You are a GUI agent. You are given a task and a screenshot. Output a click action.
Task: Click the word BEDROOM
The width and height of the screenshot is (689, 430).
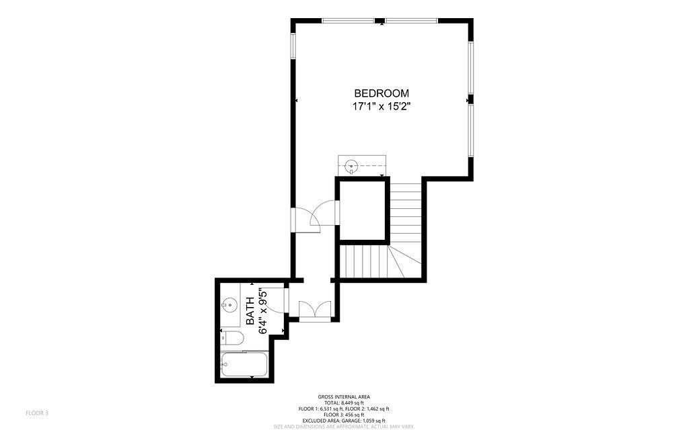382,93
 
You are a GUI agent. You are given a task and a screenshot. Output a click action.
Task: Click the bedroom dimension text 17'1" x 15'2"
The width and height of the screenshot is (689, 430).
382,106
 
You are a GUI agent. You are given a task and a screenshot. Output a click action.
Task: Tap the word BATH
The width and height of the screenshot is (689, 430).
250,311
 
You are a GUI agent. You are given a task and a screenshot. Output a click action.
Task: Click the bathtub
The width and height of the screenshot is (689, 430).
244,364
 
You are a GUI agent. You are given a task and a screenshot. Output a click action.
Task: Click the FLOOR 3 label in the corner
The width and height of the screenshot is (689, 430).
37,413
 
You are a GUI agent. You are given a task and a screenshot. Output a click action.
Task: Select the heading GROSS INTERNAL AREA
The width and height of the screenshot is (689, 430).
344,397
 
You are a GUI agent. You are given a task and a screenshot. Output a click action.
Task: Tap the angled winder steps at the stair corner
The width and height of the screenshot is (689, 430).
404,261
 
